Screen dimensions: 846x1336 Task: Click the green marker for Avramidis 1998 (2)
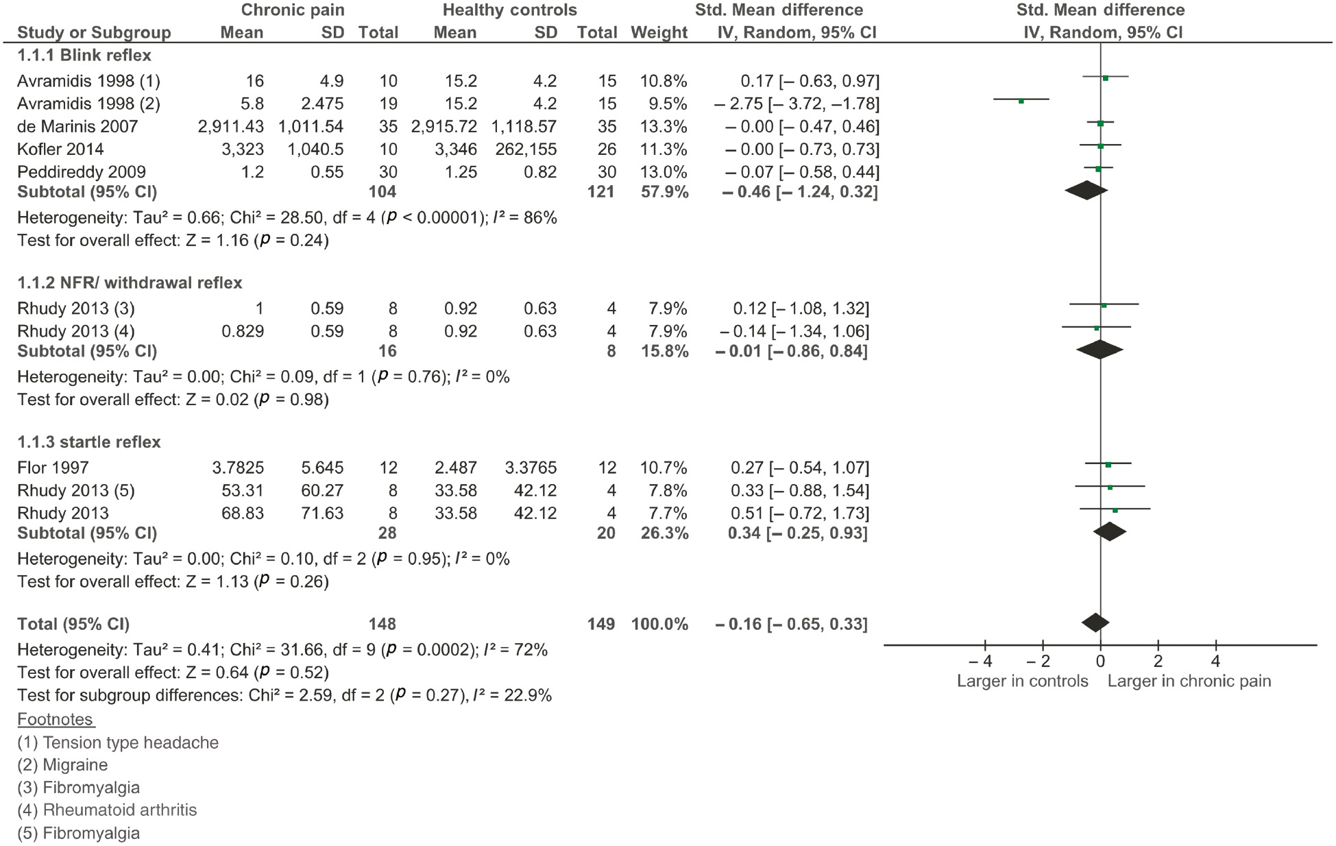[1021, 101]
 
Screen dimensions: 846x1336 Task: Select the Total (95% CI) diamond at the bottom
[1095, 623]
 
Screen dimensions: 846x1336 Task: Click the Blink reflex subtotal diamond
[1086, 191]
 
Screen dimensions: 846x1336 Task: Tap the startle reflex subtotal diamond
[1109, 531]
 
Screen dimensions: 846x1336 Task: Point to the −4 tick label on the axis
[980, 662]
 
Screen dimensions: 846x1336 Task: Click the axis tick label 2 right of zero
[1158, 662]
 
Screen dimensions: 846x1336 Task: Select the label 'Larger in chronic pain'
[1189, 681]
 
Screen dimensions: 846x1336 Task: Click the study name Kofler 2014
[60, 149]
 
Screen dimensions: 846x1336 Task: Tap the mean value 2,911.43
[230, 127]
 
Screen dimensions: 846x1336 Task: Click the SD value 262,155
[524, 149]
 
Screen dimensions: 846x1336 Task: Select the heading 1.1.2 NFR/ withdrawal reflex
[130, 283]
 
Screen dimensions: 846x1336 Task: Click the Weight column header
[659, 33]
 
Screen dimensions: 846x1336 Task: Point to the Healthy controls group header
[509, 10]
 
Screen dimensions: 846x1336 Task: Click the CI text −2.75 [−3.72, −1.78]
[796, 104]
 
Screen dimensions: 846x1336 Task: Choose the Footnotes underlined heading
[56, 720]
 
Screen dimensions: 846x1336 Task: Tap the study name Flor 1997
[53, 468]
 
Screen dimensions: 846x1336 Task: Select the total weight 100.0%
[659, 625]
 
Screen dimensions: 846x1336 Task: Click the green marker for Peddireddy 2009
[1097, 169]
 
